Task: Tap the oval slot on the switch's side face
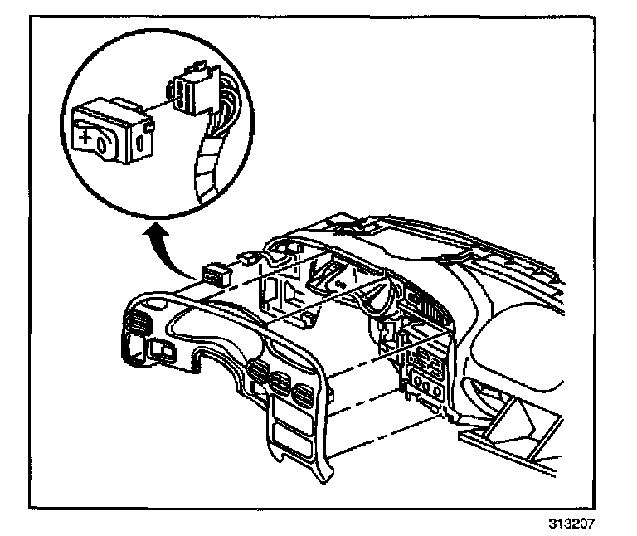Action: pyautogui.click(x=139, y=143)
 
